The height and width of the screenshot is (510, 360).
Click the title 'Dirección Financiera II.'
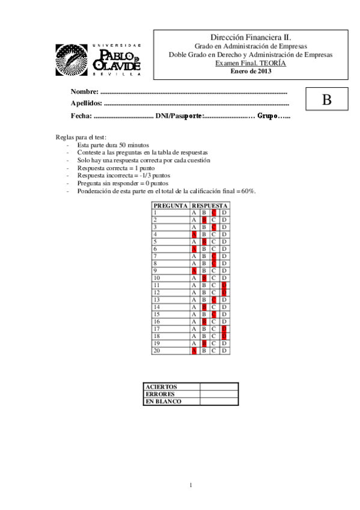[x=251, y=37]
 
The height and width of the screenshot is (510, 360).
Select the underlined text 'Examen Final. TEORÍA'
[x=251, y=63]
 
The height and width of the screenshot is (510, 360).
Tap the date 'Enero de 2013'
[x=251, y=71]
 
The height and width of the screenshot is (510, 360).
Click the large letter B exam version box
[x=326, y=100]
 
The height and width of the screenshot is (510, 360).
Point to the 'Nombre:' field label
[x=84, y=92]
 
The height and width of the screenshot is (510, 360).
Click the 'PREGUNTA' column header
[x=170, y=206]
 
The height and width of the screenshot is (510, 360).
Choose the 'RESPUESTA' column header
[x=209, y=206]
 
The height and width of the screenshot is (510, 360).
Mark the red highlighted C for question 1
[x=214, y=212]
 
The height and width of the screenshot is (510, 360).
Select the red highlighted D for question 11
[x=224, y=284]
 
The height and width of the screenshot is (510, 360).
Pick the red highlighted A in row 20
[x=194, y=349]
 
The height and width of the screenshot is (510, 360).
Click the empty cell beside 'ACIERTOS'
[x=219, y=387]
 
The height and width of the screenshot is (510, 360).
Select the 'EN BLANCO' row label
[x=163, y=401]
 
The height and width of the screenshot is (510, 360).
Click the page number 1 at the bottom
[x=190, y=485]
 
